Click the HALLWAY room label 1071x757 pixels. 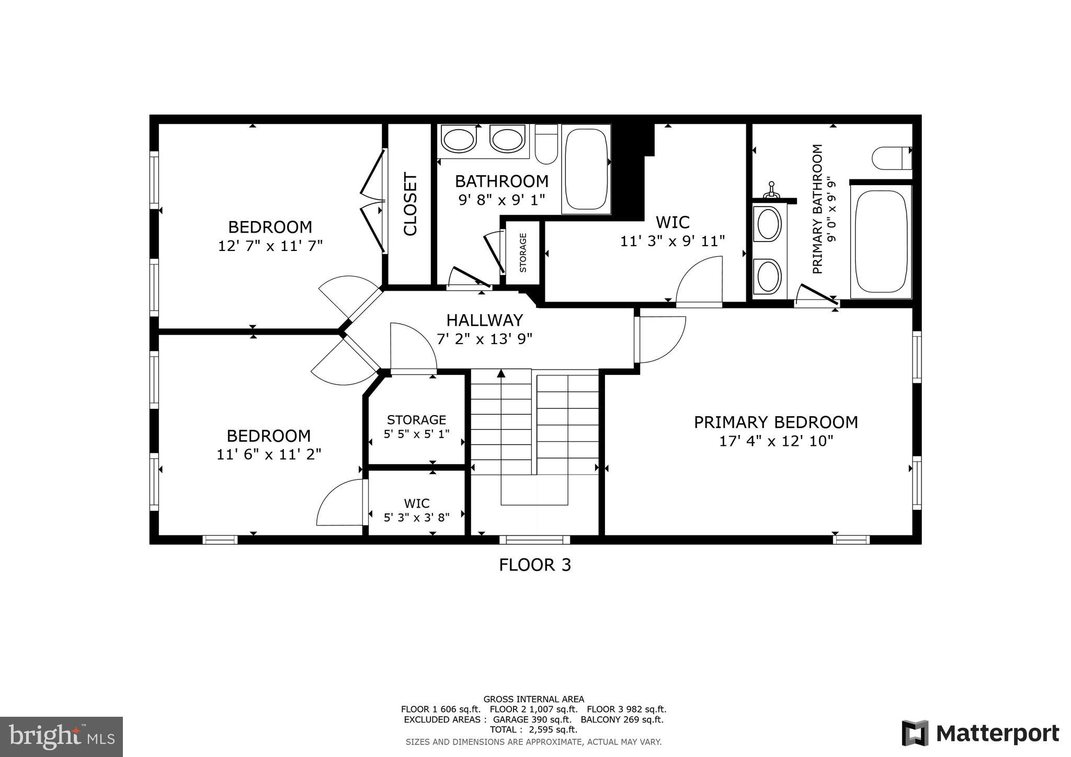[x=484, y=320]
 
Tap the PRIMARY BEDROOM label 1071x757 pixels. [x=776, y=422]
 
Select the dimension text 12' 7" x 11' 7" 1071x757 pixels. [x=270, y=246]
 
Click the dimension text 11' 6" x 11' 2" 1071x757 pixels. [x=269, y=454]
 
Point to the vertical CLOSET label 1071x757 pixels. [x=411, y=204]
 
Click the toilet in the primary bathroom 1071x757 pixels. [x=892, y=158]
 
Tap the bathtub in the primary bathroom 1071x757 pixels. [x=881, y=241]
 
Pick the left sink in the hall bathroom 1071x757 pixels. [x=459, y=140]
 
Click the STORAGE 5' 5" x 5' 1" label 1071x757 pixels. [x=416, y=427]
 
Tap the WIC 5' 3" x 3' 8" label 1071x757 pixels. [x=416, y=510]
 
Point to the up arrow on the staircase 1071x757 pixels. [x=501, y=373]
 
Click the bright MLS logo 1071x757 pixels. [x=61, y=737]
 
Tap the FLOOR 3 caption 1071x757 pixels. [x=534, y=565]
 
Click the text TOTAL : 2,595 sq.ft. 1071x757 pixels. [x=533, y=729]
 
